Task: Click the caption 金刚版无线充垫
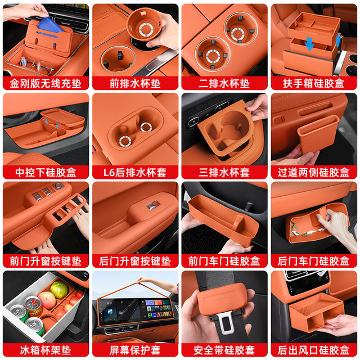46,83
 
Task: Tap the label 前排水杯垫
135,83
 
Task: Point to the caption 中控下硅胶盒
46,172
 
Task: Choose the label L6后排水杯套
135,172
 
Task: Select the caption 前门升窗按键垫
46,261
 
